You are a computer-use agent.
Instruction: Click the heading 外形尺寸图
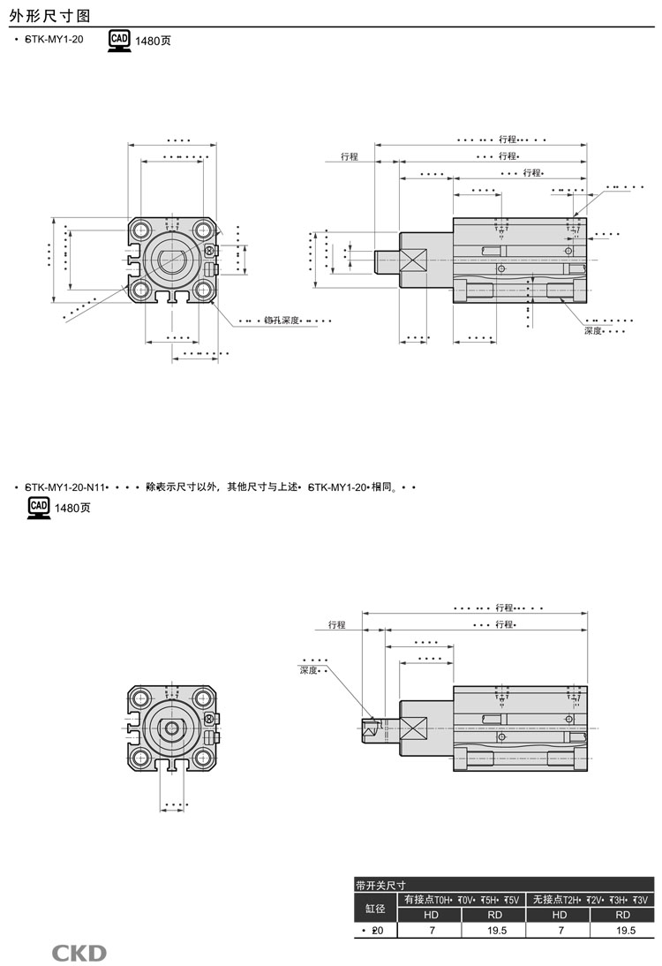tap(49, 14)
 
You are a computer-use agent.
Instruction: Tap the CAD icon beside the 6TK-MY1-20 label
tap(119, 41)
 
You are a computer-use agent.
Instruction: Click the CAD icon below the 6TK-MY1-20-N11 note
tap(39, 507)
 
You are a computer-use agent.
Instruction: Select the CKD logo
tap(79, 953)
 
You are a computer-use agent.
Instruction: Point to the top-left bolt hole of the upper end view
tap(141, 230)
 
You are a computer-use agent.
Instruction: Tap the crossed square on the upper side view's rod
tap(413, 260)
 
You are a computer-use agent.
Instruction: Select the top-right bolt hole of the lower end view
tap(205, 699)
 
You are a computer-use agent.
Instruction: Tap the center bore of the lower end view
tap(173, 728)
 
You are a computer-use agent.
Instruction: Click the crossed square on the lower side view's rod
tap(413, 729)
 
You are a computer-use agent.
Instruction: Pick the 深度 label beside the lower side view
tap(308, 671)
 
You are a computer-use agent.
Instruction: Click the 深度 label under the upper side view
tap(592, 330)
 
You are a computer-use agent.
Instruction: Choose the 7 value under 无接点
tap(559, 931)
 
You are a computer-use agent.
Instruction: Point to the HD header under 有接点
tap(432, 915)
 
